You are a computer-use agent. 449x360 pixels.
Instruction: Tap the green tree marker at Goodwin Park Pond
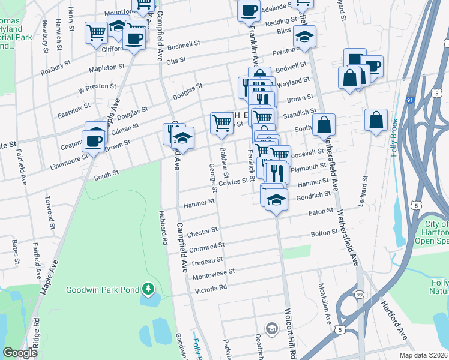point(148,290)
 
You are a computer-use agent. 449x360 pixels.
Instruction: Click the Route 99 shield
point(360,294)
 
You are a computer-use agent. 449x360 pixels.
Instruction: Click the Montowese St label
point(214,274)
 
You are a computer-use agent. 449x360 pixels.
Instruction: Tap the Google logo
point(20,353)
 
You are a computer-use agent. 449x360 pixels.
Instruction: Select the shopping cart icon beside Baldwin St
point(221,123)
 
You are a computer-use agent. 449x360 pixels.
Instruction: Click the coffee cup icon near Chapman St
point(94,141)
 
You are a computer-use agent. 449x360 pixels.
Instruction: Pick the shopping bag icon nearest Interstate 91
point(376,119)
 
